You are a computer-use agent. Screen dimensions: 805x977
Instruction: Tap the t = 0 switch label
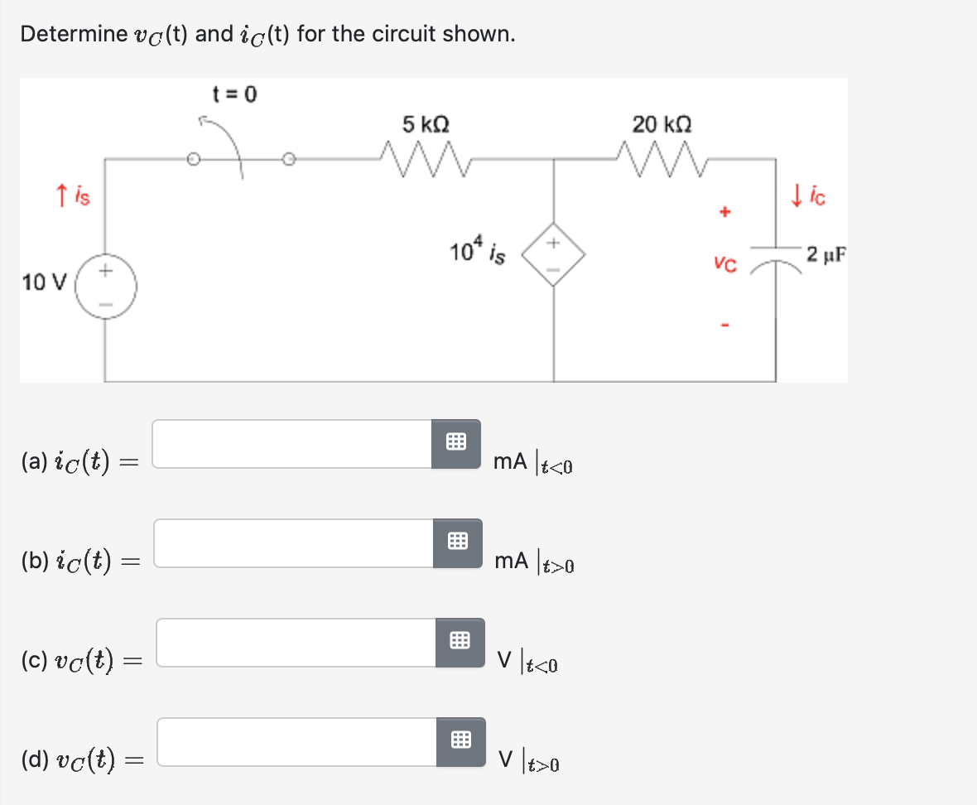coord(235,94)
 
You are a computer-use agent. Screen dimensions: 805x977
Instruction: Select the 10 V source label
coord(39,282)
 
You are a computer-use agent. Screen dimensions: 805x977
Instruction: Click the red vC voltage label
coord(724,265)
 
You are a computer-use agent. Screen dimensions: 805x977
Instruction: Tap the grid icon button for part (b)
coord(457,543)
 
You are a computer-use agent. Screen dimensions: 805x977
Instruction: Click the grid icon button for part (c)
coord(460,643)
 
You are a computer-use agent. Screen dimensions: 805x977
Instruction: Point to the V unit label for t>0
coord(505,759)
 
